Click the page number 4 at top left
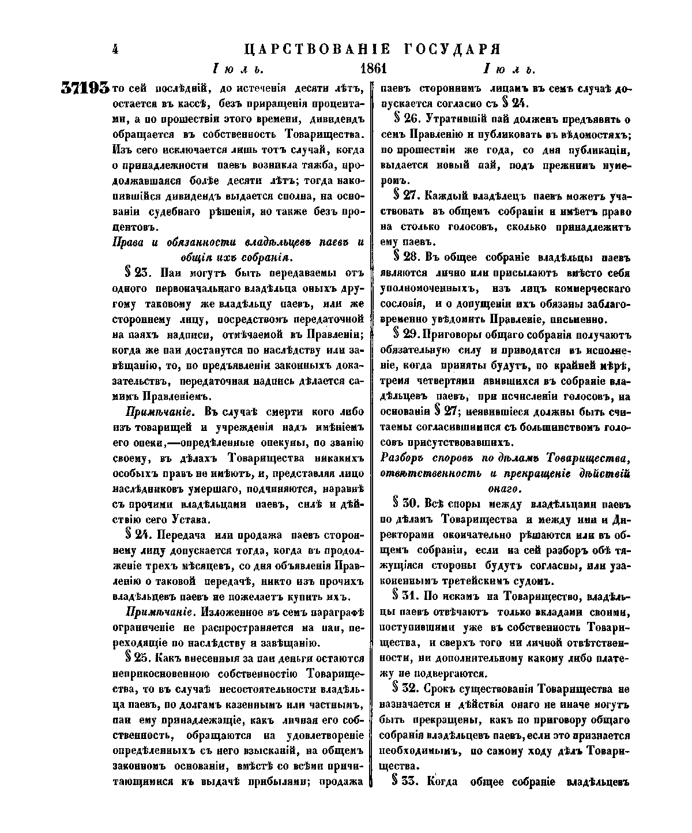115,49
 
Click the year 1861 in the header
373,70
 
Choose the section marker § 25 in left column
136,658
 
